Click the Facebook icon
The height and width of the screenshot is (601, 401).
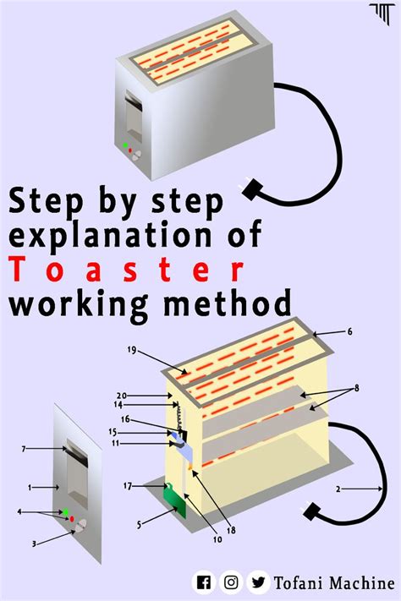(204, 582)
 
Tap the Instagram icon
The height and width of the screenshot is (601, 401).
(231, 582)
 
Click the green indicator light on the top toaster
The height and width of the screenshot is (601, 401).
(125, 145)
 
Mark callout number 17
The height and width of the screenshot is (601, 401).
(128, 485)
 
